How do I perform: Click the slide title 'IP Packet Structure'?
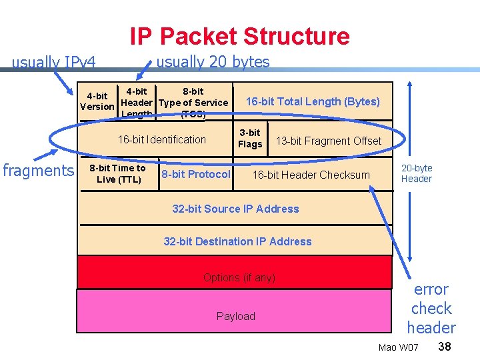239,36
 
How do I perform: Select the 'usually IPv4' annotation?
54,63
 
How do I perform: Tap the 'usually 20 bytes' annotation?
212,62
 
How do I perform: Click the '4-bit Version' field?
97,101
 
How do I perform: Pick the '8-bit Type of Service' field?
193,102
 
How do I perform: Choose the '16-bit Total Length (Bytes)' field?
313,101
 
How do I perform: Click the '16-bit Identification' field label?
161,139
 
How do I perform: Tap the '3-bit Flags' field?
250,139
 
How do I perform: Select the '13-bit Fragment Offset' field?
328,141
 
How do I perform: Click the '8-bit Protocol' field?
196,174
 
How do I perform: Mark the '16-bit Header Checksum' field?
311,175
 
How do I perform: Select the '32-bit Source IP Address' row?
235,209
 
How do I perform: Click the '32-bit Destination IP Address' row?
237,241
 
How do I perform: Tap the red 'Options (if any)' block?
239,277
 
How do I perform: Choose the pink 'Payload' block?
235,316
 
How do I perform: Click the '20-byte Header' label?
417,173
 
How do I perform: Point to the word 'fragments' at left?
38,171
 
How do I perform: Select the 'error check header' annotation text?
431,309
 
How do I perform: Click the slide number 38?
445,347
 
